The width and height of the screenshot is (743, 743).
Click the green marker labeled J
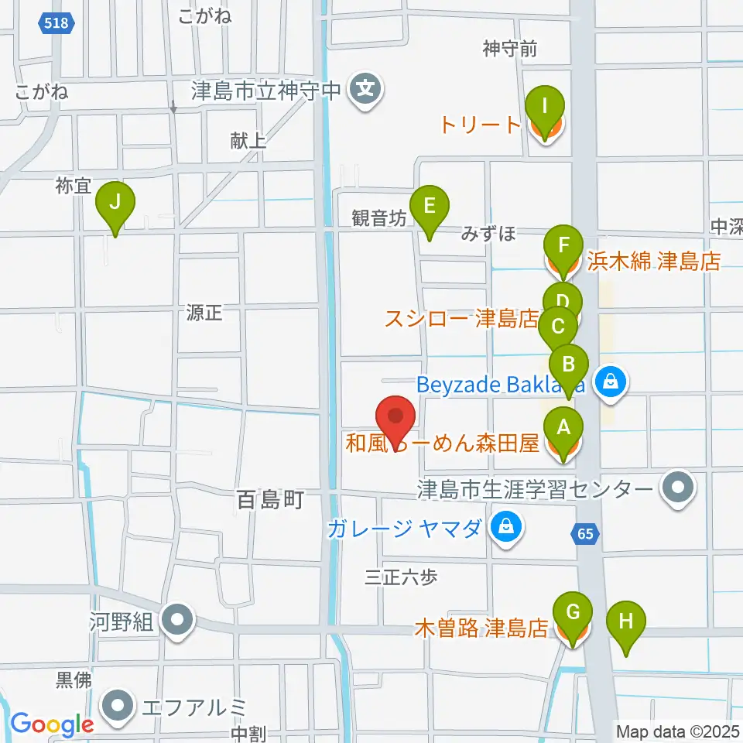115,205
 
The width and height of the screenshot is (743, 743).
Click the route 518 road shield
57,23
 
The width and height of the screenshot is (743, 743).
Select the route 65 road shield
586,532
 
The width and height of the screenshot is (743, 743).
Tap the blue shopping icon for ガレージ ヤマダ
506,529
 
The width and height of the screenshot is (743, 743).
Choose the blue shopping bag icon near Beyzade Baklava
611,382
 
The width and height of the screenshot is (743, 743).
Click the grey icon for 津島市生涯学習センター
680,488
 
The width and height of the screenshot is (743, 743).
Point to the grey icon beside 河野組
178,621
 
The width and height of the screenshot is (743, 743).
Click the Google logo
52,724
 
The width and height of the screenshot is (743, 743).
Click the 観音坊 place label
378,219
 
